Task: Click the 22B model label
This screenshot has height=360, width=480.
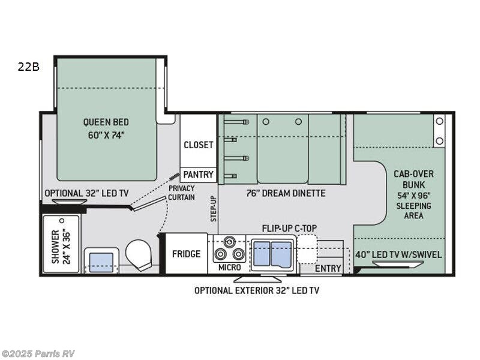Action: coord(28,67)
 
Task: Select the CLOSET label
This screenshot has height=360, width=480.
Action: coord(198,145)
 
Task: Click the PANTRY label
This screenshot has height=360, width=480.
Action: coord(198,175)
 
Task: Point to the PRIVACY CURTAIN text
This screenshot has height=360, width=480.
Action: coord(181,193)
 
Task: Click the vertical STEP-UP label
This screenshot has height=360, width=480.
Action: coord(213,209)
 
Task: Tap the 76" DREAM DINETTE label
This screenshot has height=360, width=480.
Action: coord(286,193)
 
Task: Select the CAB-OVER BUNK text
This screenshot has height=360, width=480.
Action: coord(413,179)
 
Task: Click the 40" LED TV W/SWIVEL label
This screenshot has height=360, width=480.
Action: coord(398,254)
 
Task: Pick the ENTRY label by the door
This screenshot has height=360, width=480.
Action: coord(328,268)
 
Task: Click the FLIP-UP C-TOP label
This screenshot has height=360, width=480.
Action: coord(289,228)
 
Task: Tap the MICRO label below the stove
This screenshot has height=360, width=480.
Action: coord(229,267)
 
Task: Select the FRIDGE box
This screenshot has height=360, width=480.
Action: coord(186,254)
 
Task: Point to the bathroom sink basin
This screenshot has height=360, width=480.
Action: coord(101,262)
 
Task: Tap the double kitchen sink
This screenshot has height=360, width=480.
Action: coord(272,253)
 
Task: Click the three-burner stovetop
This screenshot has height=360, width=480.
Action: coord(230,248)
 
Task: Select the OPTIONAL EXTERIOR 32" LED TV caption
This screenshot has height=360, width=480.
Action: coord(256,290)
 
